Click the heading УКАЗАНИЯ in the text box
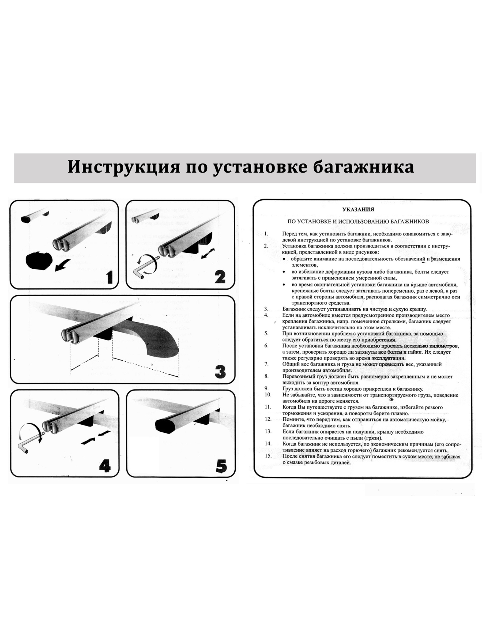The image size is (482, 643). (x=358, y=209)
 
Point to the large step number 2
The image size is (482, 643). (x=219, y=277)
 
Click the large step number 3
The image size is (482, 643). (x=220, y=372)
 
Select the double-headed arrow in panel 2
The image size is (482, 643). (x=208, y=253)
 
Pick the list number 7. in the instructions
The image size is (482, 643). (x=266, y=364)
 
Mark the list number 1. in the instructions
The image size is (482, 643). (x=266, y=234)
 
